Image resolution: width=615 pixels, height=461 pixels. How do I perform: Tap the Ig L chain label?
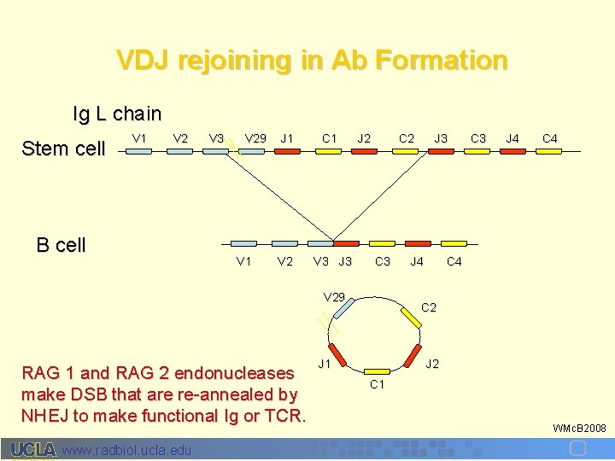click(x=117, y=114)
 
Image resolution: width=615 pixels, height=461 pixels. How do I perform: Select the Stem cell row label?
click(x=63, y=149)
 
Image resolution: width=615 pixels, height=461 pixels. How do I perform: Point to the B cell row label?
click(x=61, y=246)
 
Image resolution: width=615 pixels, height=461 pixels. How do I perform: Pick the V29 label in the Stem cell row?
click(x=255, y=138)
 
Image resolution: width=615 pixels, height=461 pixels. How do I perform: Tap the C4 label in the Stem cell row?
click(x=550, y=138)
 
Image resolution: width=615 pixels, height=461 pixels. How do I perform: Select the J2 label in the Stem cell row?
click(x=364, y=138)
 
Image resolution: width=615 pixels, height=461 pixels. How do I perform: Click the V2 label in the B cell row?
click(x=285, y=261)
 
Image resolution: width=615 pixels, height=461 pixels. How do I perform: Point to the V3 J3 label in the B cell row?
click(x=332, y=261)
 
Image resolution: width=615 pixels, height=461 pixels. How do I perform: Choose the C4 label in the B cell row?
click(x=454, y=261)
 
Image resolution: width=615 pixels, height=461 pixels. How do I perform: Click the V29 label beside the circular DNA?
click(x=334, y=297)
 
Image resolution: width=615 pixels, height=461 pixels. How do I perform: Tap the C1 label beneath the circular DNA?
click(x=377, y=384)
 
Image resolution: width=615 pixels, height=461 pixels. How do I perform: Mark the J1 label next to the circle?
click(x=325, y=365)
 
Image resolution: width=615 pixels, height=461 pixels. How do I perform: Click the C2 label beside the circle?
click(x=429, y=307)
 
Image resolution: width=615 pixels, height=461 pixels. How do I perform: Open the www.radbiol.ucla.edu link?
click(x=127, y=450)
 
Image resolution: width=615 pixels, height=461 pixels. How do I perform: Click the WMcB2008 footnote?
click(x=579, y=427)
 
